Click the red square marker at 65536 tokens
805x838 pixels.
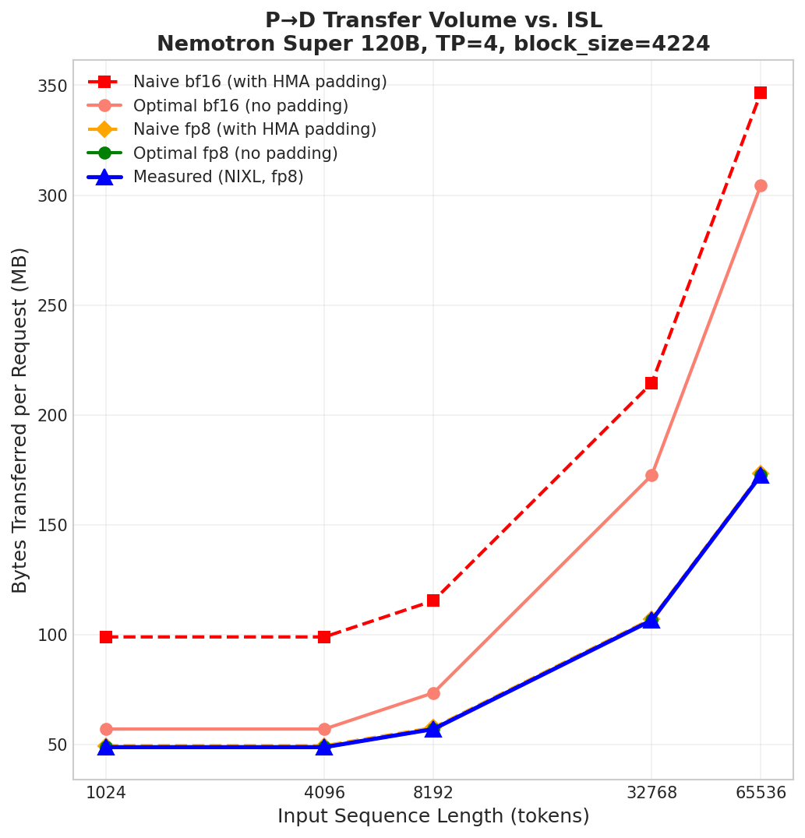pos(760,93)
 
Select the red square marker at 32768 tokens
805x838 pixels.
pos(651,383)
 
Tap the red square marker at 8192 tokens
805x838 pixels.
pos(433,600)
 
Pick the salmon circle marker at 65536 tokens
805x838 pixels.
pos(760,185)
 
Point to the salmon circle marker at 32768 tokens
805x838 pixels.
pos(651,475)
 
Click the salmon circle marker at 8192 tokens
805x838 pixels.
pos(433,693)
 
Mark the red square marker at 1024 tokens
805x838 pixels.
pos(106,637)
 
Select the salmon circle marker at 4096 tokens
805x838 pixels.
pos(324,729)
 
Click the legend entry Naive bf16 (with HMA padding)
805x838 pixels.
pos(260,83)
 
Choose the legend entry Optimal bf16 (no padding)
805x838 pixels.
pos(240,106)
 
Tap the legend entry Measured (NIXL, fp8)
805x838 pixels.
pos(218,178)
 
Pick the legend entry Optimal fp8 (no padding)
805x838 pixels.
pos(235,153)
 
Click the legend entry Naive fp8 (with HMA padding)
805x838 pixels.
pos(254,130)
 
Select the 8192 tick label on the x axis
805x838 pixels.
pos(433,793)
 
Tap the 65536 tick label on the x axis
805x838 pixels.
pos(760,793)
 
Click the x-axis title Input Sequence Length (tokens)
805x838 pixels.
pos(433,816)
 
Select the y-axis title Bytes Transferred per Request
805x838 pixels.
pos(20,420)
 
